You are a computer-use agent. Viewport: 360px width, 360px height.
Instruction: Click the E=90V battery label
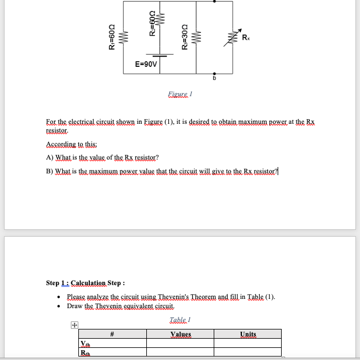coord(145,65)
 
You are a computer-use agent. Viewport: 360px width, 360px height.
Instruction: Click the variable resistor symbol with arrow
coord(233,38)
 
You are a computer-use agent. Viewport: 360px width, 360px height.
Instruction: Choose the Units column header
coord(248,334)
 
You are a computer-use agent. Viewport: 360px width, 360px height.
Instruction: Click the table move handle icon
coord(74,326)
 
